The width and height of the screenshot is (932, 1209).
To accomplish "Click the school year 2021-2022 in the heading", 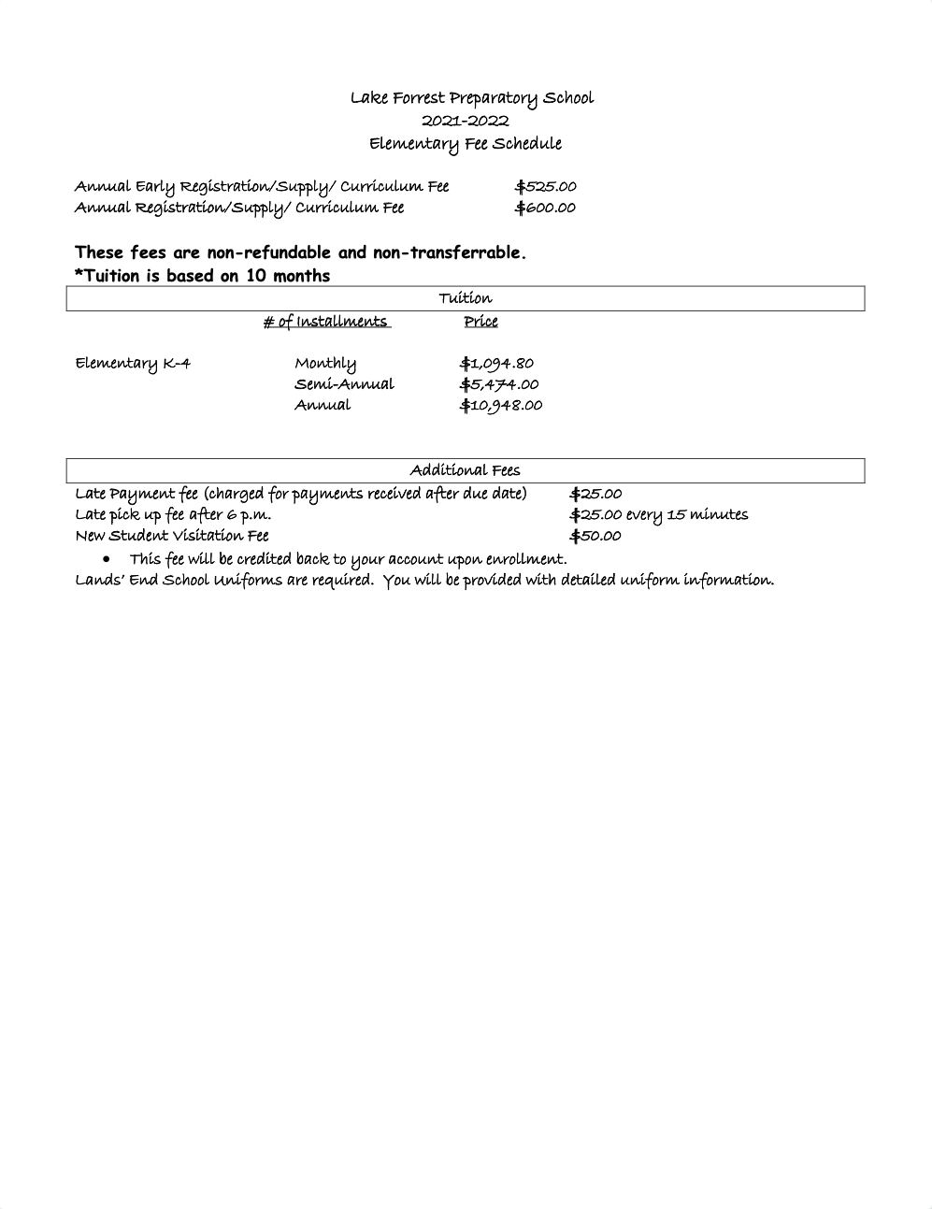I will tap(465, 121).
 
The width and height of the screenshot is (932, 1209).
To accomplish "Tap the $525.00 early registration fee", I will tap(545, 186).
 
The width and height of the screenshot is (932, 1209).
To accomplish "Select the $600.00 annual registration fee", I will tap(545, 208).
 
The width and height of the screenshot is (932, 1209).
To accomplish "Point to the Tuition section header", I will tap(465, 298).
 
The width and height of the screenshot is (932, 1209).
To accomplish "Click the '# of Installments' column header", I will tap(326, 322).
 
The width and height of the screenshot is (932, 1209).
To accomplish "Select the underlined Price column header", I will tap(480, 322).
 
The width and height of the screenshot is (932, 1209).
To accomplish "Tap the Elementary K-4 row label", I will tap(133, 363).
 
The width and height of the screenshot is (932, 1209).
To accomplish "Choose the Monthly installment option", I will tap(325, 363).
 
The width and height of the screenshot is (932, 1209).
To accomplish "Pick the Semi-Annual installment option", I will tap(344, 384).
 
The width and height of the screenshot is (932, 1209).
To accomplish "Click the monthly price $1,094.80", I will tap(496, 363).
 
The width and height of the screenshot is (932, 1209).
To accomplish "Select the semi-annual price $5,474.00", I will tap(499, 384).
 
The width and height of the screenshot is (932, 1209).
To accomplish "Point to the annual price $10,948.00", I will tap(501, 405).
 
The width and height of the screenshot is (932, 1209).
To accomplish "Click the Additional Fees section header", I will tap(465, 470).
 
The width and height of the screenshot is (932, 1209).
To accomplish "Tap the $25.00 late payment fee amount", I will tap(595, 494).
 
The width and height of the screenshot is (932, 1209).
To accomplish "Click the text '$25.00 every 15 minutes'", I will tap(659, 514).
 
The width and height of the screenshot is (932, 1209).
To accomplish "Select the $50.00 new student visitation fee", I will tap(595, 536).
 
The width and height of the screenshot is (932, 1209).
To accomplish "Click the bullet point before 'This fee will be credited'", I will tap(108, 559).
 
